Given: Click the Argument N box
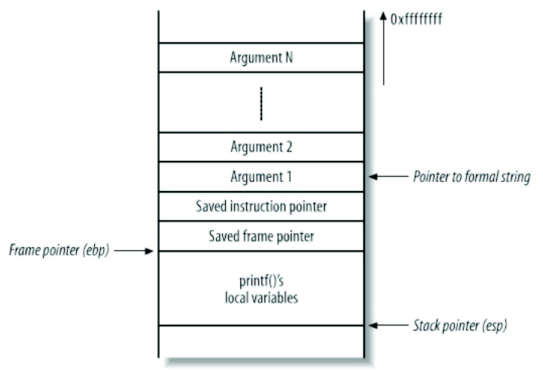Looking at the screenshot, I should pos(261,57).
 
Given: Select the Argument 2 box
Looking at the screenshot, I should pos(261,147).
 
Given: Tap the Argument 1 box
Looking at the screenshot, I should pos(261,177).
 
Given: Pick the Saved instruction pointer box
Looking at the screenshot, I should pos(261,206).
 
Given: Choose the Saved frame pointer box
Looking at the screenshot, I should pos(261,236).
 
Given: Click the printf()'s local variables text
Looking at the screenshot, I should pos(261,289).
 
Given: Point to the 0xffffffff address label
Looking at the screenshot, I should pos(416,20).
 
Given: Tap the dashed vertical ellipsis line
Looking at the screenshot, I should pos(261,103).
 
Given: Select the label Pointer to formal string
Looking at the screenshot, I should pos(472,177).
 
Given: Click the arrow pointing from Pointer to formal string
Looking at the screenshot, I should pos(387,177).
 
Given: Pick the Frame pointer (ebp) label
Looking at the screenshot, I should pos(56,251).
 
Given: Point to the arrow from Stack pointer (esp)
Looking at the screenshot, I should pos(387,325).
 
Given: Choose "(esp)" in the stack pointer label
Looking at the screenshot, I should pos(493,325).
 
